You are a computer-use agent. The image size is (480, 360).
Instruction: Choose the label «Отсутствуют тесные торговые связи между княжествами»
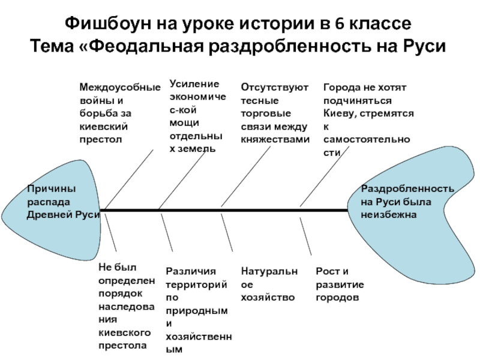(275, 113)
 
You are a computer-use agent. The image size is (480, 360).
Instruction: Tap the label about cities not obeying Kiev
(367, 120)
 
